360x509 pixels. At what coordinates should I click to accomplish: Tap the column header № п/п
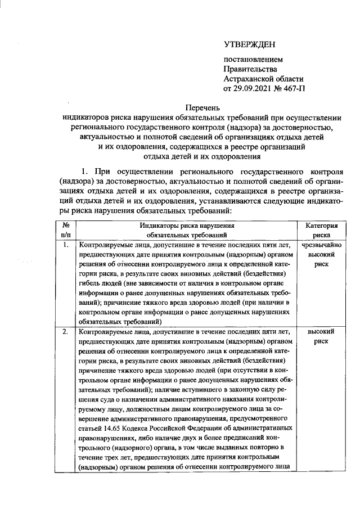65,230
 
